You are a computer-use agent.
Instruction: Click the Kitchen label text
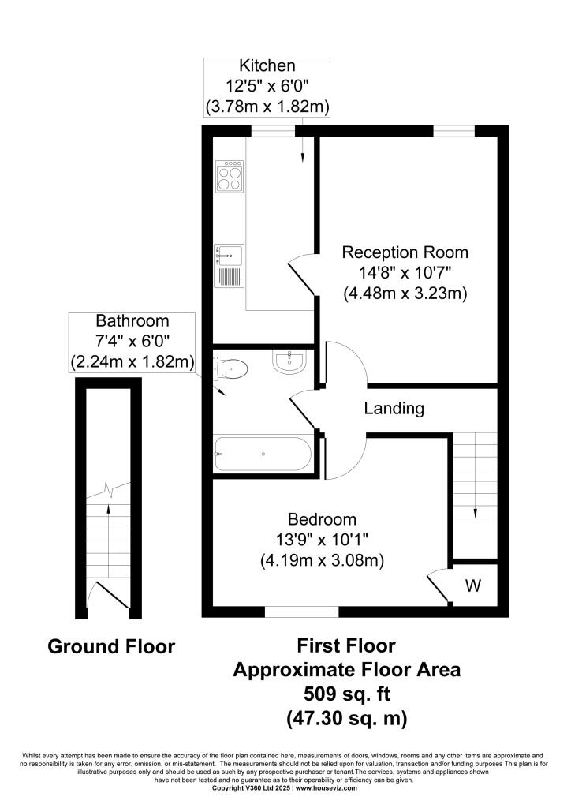pyautogui.click(x=267, y=66)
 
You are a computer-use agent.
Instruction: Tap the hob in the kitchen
pyautogui.click(x=230, y=178)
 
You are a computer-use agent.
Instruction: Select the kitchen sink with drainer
pyautogui.click(x=230, y=265)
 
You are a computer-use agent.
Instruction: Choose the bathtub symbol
pyautogui.click(x=262, y=454)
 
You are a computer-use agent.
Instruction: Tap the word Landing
pyautogui.click(x=394, y=409)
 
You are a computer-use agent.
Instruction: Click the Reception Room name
pyautogui.click(x=405, y=252)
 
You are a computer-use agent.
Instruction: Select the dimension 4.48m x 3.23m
pyautogui.click(x=405, y=294)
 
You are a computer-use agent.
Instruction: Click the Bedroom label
pyautogui.click(x=322, y=520)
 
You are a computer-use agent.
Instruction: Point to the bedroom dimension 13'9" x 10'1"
pyautogui.click(x=322, y=541)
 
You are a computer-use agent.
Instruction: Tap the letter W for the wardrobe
pyautogui.click(x=473, y=585)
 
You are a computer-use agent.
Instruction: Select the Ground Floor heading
pyautogui.click(x=111, y=647)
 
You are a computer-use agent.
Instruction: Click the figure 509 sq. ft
pyautogui.click(x=346, y=694)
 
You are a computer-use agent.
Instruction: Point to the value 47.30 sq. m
pyautogui.click(x=346, y=719)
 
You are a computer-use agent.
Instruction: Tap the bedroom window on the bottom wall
pyautogui.click(x=302, y=611)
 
